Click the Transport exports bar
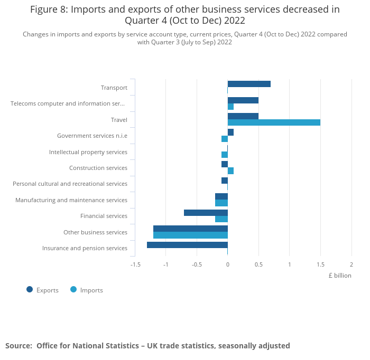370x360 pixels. point(249,84)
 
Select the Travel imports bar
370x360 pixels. point(274,122)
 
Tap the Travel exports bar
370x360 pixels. point(243,116)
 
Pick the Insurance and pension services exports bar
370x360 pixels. point(187,245)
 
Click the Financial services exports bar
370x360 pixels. point(206,213)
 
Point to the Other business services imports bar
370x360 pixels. point(190,235)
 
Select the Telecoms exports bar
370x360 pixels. point(243,100)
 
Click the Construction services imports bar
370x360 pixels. point(230,171)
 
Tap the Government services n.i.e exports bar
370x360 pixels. point(230,132)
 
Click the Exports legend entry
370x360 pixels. point(43,290)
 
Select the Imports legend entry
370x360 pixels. point(87,290)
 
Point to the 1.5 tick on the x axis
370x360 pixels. point(320,264)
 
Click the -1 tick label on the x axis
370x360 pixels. point(165,264)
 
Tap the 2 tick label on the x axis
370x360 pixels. point(351,264)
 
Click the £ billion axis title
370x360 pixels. point(339,275)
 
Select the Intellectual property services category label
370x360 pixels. point(88,152)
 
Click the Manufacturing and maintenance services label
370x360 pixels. point(71,200)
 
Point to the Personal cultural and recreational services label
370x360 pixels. point(70,184)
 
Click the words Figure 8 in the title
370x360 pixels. point(50,10)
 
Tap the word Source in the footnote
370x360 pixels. point(18,346)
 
